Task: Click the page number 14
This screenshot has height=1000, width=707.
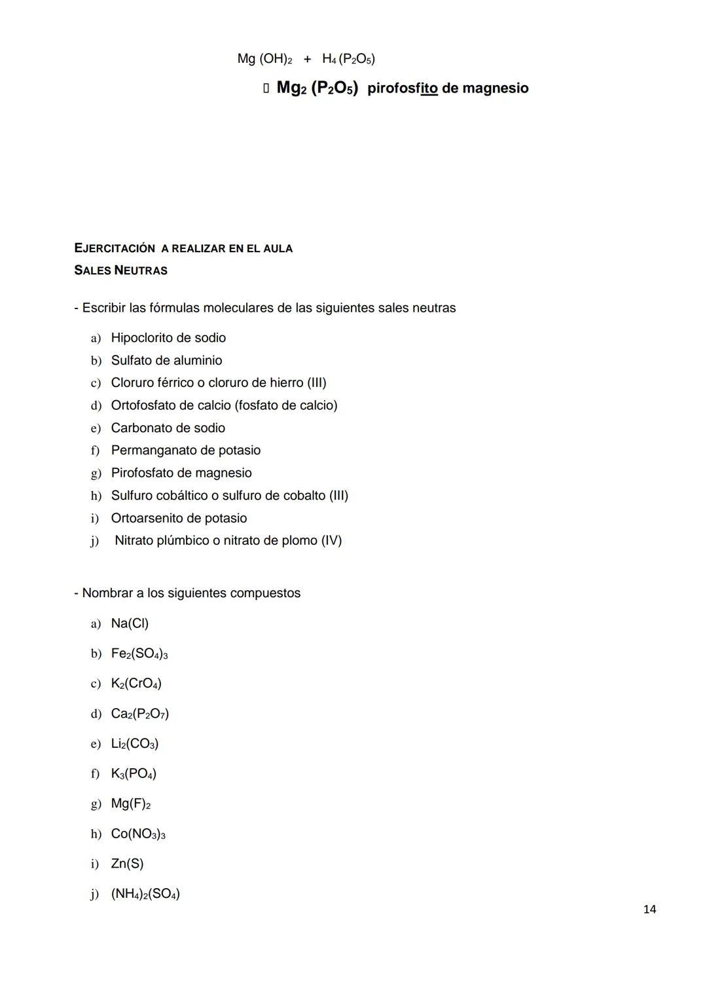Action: click(x=649, y=909)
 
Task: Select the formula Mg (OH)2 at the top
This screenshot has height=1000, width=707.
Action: click(x=264, y=59)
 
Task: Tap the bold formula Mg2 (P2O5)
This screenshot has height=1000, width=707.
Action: click(x=317, y=88)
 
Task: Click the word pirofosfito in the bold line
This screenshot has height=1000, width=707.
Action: click(x=402, y=88)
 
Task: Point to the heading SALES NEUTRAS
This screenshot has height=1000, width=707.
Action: click(x=120, y=270)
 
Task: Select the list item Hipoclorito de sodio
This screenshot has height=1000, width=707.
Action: click(x=168, y=338)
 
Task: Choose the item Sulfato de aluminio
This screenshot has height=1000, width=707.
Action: click(x=166, y=360)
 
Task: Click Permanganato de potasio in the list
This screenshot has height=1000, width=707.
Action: click(x=185, y=450)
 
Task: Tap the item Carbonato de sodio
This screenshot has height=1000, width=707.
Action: click(x=168, y=428)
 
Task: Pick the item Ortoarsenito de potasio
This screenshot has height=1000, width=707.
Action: click(x=179, y=518)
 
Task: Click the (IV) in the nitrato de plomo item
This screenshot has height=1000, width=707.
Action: click(x=331, y=540)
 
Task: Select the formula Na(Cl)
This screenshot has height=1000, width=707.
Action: click(x=130, y=623)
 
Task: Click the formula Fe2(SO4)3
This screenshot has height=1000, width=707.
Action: click(x=139, y=654)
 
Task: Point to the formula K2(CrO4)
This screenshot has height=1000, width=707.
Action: click(x=136, y=683)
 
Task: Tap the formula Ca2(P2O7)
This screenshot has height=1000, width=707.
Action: click(x=140, y=713)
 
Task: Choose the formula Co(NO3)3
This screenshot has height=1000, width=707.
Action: click(x=138, y=834)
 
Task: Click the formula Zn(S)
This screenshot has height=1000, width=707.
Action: click(x=127, y=863)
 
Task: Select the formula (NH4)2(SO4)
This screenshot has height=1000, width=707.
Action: click(x=145, y=894)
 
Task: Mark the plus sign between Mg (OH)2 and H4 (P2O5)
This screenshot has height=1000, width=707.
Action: click(x=307, y=59)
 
